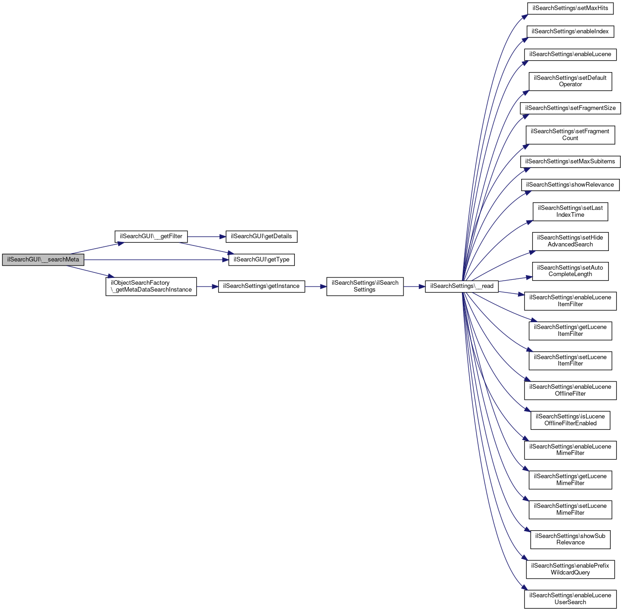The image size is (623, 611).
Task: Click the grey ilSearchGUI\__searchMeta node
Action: coord(43,260)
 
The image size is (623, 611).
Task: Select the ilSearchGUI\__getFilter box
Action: coord(151,236)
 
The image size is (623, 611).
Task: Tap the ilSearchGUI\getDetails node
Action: coord(261,236)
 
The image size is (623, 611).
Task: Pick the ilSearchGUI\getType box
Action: coord(261,260)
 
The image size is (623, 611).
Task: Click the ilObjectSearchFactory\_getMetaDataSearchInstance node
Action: coord(151,286)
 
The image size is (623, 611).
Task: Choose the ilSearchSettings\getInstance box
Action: coord(261,286)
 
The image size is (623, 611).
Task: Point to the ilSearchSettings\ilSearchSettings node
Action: coord(365,286)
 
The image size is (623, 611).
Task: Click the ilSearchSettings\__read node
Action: coord(461,286)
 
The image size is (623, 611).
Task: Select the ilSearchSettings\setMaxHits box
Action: coord(570,8)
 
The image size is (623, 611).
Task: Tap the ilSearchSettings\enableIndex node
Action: coord(570,31)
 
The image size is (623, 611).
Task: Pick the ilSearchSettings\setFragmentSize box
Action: coord(570,108)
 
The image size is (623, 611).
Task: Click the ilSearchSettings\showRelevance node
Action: coord(570,185)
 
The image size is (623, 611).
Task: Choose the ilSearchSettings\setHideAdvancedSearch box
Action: coord(570,241)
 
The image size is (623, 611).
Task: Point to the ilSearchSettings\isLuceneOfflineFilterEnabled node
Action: coord(570,420)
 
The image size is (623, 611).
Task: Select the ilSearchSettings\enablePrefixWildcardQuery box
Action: coord(570,569)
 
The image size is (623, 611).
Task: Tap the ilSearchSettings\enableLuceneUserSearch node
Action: coord(570,599)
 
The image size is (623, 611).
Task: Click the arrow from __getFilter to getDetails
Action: coord(207,236)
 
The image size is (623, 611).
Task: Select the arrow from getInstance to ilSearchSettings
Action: coord(315,286)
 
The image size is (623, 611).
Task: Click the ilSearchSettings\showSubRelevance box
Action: coord(570,539)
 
